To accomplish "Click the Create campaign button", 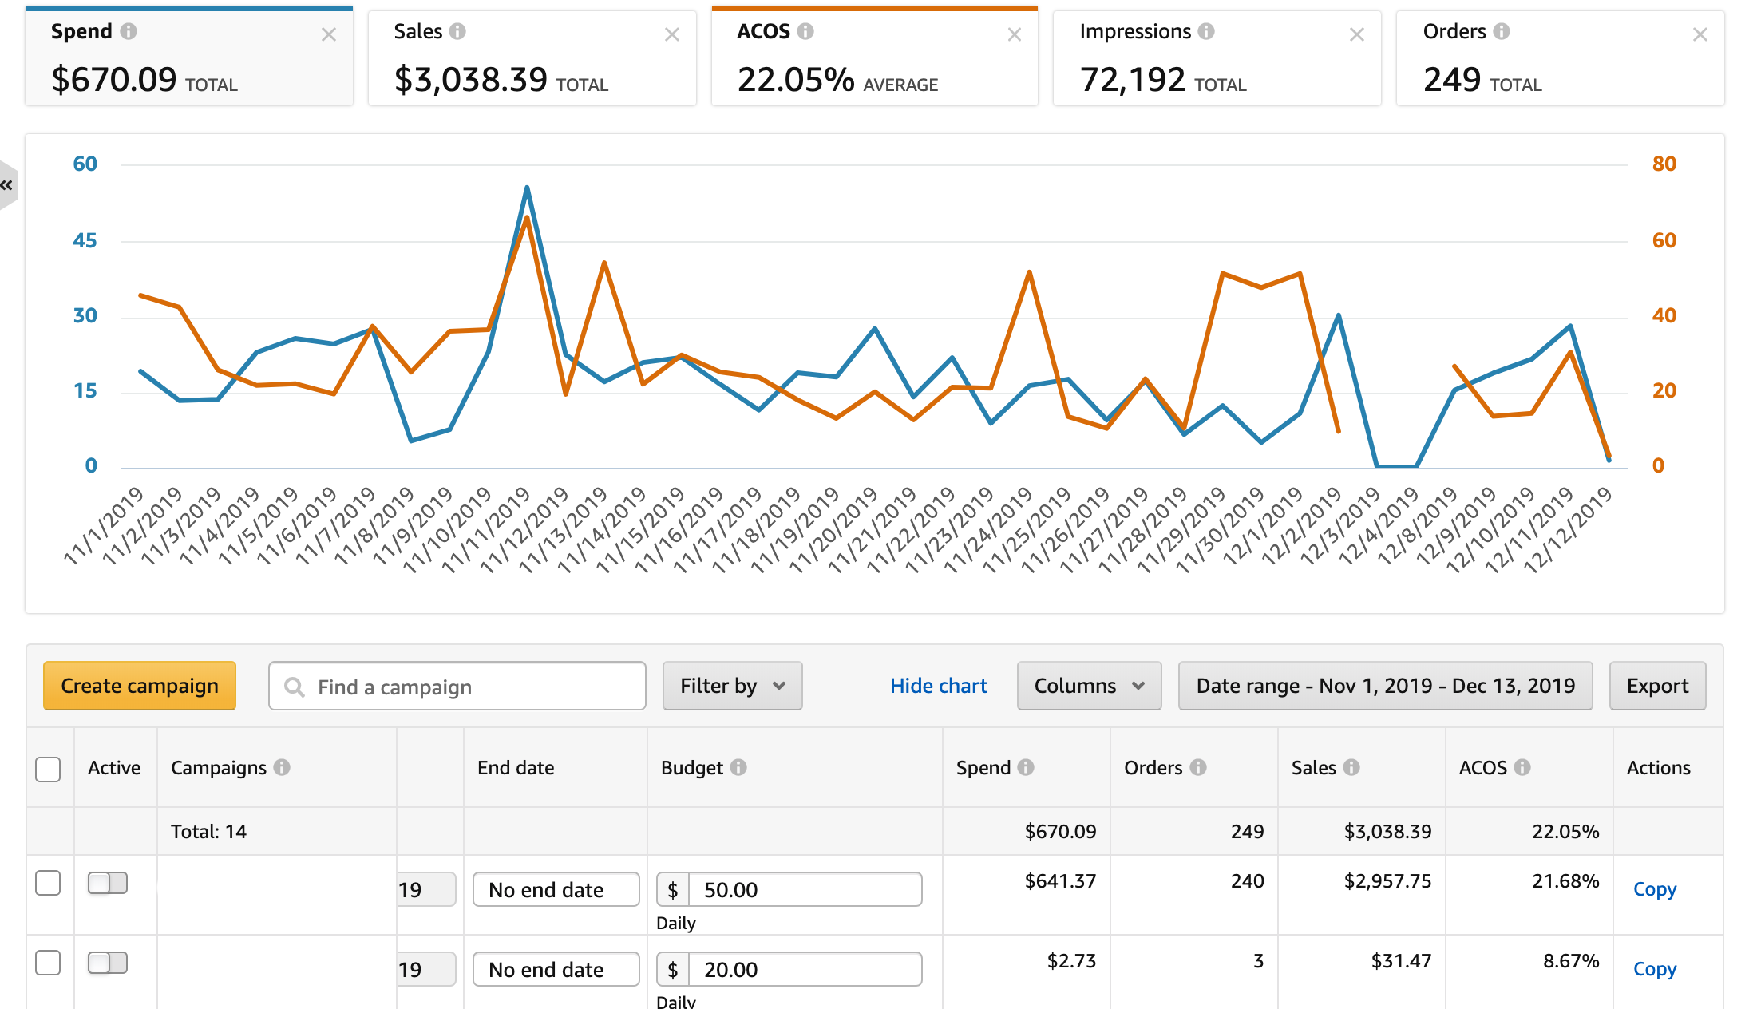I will pyautogui.click(x=140, y=686).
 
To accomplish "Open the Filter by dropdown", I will pyautogui.click(x=732, y=686).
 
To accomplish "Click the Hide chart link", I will pyautogui.click(x=938, y=686).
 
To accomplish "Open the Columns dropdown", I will pyautogui.click(x=1089, y=686).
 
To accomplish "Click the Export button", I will pyautogui.click(x=1657, y=686).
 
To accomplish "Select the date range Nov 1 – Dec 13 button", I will pyautogui.click(x=1385, y=686).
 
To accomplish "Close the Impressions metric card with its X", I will pyautogui.click(x=1356, y=34).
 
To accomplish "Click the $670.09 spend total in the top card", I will pyautogui.click(x=114, y=80).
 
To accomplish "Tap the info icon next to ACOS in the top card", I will pyautogui.click(x=805, y=31).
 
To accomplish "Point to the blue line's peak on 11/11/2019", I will pyautogui.click(x=527, y=188).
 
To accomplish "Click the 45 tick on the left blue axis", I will pyautogui.click(x=85, y=240).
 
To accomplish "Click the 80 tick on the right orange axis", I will pyautogui.click(x=1664, y=164).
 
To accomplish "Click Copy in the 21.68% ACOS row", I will pyautogui.click(x=1654, y=889).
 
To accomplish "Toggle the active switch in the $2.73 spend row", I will pyautogui.click(x=108, y=963).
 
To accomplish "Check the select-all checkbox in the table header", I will pyautogui.click(x=48, y=769).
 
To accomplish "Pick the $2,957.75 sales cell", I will pyautogui.click(x=1387, y=881).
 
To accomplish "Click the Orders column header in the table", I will pyautogui.click(x=1153, y=768).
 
